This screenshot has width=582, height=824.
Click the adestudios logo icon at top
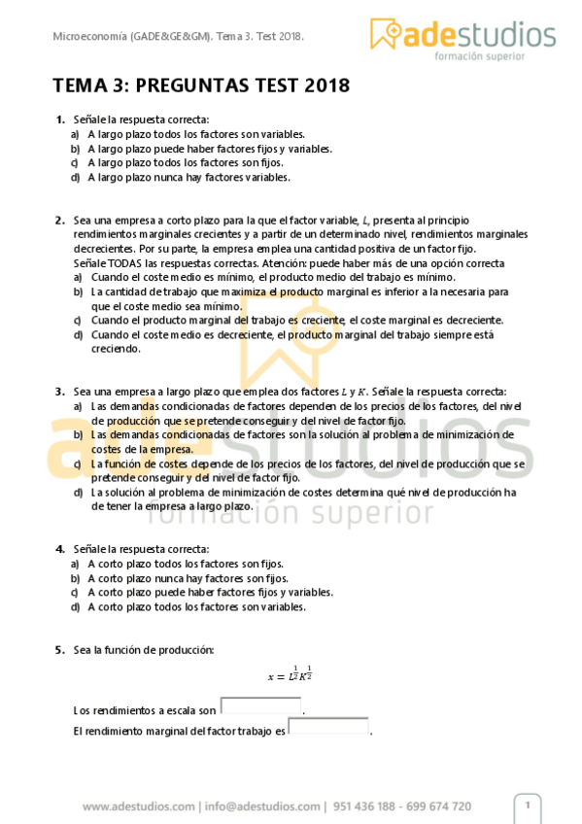click(387, 34)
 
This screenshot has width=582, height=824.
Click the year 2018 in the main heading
click(326, 86)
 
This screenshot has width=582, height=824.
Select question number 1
click(60, 120)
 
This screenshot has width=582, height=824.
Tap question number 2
click(60, 220)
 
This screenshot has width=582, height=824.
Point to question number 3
click(60, 391)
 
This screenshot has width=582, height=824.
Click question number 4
click(60, 549)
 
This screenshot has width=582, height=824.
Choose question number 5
click(60, 649)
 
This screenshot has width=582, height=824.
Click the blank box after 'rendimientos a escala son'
click(260, 706)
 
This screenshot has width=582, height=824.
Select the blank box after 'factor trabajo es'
click(328, 727)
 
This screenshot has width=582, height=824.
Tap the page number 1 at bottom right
click(528, 806)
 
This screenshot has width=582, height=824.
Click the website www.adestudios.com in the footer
click(139, 807)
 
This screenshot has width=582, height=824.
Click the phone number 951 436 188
click(366, 807)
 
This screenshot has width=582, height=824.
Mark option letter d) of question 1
click(75, 178)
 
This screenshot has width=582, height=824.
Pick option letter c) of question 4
click(75, 593)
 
